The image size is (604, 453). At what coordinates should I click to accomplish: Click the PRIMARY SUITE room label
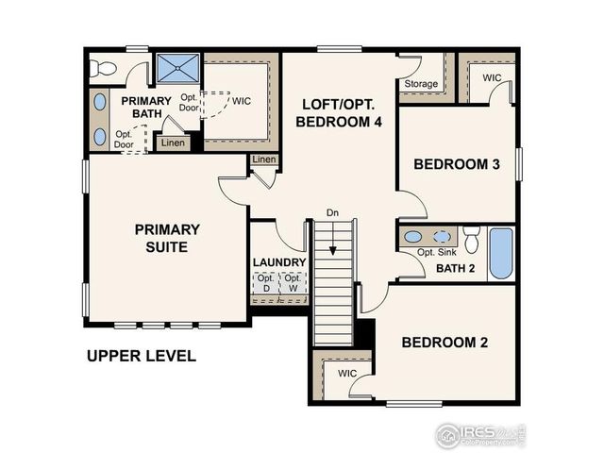tap(166, 238)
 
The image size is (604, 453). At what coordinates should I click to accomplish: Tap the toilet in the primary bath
tap(102, 67)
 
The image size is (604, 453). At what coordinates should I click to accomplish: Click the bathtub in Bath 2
tap(500, 252)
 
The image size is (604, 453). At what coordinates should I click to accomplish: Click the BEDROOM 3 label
tap(457, 164)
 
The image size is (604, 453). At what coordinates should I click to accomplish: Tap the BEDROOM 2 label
tap(444, 342)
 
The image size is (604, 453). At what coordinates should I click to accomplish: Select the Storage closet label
tap(421, 84)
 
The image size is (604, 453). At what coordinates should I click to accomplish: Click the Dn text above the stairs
tap(332, 212)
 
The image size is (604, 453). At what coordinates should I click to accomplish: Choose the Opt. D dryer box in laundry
tap(265, 283)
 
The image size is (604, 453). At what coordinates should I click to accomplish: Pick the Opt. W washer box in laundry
tap(294, 283)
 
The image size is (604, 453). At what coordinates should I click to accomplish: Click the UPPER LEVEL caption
tap(142, 356)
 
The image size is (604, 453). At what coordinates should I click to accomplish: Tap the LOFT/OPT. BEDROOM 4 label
tap(338, 112)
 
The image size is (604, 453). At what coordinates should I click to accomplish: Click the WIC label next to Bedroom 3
tap(492, 77)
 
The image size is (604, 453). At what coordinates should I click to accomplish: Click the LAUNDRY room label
tap(279, 262)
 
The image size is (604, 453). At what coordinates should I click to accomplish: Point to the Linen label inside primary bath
tap(172, 143)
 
